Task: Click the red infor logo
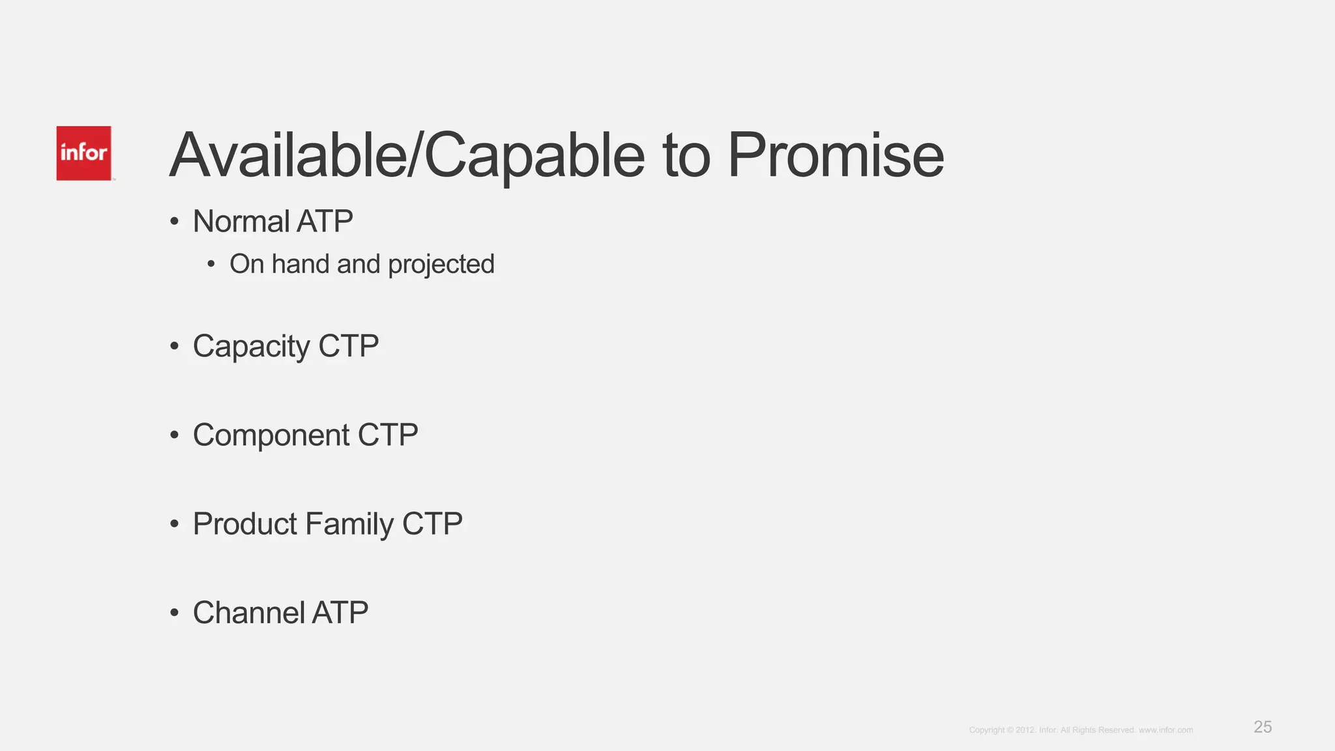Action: [x=83, y=153]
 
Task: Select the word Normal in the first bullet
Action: [x=241, y=222]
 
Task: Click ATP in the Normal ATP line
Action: [x=325, y=222]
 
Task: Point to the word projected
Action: [x=441, y=265]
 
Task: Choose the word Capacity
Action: [x=251, y=346]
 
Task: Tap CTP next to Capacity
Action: [x=348, y=346]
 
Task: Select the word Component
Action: [x=271, y=435]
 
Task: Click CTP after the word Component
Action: [x=388, y=435]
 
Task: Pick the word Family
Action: [x=349, y=524]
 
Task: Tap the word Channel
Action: [x=248, y=613]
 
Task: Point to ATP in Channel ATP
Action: [x=340, y=613]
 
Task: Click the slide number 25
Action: [x=1263, y=727]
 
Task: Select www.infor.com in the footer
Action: [x=1166, y=730]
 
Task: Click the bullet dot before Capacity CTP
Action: [x=174, y=346]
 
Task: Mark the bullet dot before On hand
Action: [x=211, y=265]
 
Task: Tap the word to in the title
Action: [x=686, y=156]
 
